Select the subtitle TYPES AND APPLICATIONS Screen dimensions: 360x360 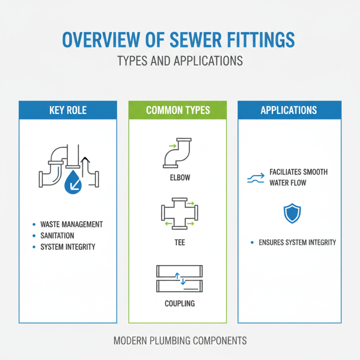tap(180, 60)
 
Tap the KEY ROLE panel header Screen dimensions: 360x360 tap(68, 110)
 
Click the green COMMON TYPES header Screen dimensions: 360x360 tap(178, 110)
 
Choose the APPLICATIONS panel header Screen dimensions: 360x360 tap(288, 110)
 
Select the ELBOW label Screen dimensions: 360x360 tap(178, 178)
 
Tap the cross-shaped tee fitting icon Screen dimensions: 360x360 tap(178, 214)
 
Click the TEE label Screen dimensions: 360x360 tap(178, 243)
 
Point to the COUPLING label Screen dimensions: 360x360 tap(179, 303)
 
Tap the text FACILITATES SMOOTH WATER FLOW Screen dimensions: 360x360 tap(298, 177)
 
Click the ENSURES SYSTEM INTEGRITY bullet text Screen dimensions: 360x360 tap(297, 243)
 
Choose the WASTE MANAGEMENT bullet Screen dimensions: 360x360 tap(72, 224)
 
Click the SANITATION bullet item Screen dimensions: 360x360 tap(57, 235)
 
